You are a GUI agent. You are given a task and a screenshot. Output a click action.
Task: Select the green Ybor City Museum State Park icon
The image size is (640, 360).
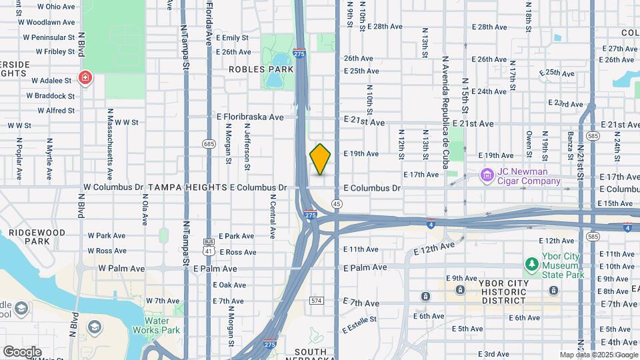pos(531,265)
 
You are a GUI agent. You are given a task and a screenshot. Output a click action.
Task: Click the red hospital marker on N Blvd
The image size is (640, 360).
pos(85,79)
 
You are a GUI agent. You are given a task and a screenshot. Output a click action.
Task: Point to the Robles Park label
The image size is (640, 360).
pos(261,69)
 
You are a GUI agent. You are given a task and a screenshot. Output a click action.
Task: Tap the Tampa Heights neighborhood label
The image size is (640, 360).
pos(187,188)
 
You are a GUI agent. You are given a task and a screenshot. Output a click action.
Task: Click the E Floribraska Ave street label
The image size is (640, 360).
pos(250,117)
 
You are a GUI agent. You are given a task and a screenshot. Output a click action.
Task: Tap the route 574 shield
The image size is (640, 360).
pos(317,301)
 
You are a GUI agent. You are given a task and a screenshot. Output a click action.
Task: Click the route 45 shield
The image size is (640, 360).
pos(337,203)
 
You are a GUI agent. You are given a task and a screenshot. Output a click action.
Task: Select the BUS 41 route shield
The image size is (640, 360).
pos(209,247)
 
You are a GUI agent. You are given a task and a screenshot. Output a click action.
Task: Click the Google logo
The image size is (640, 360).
pos(22,351)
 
